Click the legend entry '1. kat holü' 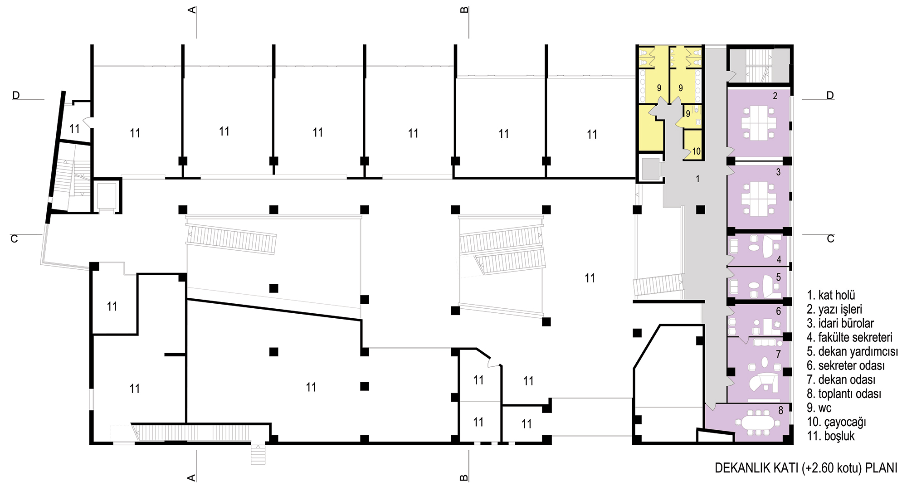831,295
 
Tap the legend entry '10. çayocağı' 836,422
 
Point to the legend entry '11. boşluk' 831,436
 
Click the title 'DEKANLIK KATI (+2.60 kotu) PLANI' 806,468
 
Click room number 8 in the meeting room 780,411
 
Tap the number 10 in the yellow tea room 696,151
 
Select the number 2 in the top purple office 775,96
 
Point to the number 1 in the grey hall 697,179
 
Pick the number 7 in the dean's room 778,355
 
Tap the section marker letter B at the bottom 464,477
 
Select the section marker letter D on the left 16,95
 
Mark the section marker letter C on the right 830,239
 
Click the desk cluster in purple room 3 759,199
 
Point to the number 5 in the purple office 778,277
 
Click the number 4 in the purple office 779,260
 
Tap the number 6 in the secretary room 778,311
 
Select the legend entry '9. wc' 819,408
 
